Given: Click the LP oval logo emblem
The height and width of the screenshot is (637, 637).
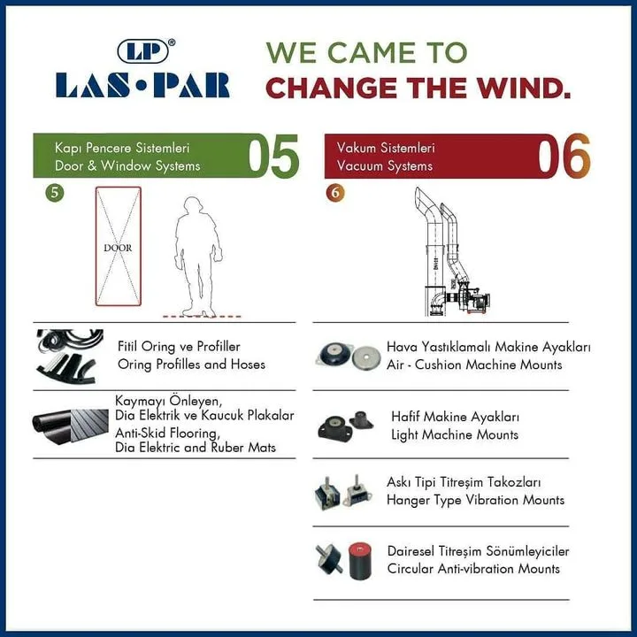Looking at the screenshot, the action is coord(142,51).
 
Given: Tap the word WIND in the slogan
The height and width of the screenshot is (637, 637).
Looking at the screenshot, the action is coord(523,88).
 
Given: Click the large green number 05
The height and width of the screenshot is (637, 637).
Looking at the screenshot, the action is coord(273,157).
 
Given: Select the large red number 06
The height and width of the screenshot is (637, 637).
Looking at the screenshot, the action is coord(564,156).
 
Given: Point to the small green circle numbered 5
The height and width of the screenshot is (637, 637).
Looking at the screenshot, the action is coord(55,193).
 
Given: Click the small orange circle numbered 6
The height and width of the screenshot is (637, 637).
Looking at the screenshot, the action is coord(335,193).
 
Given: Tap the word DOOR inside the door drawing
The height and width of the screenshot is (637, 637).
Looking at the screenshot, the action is coord(118,248).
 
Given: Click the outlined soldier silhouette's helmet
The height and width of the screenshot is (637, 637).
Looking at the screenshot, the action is coord(193,204).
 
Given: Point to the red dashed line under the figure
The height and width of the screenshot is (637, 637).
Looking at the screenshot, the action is coord(202,316).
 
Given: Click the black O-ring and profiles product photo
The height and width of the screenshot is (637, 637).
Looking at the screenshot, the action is coord(69,357).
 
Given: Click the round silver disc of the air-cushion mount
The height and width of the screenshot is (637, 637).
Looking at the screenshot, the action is coord(366,357).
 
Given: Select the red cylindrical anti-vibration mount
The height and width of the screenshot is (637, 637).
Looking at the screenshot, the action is coord(360,562).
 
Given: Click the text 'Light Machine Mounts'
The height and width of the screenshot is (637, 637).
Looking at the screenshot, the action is coord(455,434).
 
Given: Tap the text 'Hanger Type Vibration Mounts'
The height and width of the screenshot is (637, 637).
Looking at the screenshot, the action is coord(475,500).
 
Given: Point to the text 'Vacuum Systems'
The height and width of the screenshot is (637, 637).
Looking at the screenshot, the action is coord(384,165).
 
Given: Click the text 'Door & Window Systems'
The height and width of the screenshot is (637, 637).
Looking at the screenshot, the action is coord(127,165).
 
